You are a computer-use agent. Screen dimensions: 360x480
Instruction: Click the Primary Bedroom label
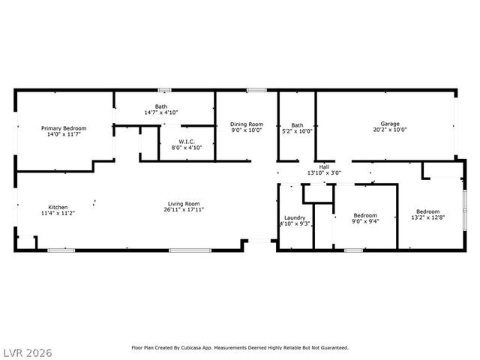coord(63,128)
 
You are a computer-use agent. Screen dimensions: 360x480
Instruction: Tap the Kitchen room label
coord(58,207)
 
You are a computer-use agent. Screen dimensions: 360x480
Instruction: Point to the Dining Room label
coord(246,124)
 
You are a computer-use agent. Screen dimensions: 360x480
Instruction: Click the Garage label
coord(389,124)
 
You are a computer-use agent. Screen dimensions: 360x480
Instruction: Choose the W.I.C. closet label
coord(187,142)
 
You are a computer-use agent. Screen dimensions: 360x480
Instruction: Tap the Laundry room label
coord(294,217)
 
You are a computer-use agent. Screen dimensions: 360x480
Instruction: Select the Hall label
coord(324,166)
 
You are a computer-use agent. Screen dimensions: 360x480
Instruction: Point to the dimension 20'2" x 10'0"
coord(389,130)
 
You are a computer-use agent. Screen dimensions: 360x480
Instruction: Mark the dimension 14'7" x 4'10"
coord(161,112)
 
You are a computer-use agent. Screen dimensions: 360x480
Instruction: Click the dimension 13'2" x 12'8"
coord(427,217)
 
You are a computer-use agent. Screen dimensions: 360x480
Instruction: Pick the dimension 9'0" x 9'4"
coord(364,221)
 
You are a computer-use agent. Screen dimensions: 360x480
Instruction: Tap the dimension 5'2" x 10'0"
coord(298,131)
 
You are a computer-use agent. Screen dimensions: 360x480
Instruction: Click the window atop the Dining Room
coord(256,91)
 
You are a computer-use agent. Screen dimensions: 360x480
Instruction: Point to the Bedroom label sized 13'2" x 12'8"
coord(427,211)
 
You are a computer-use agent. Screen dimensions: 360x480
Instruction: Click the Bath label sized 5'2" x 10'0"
coord(298,125)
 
